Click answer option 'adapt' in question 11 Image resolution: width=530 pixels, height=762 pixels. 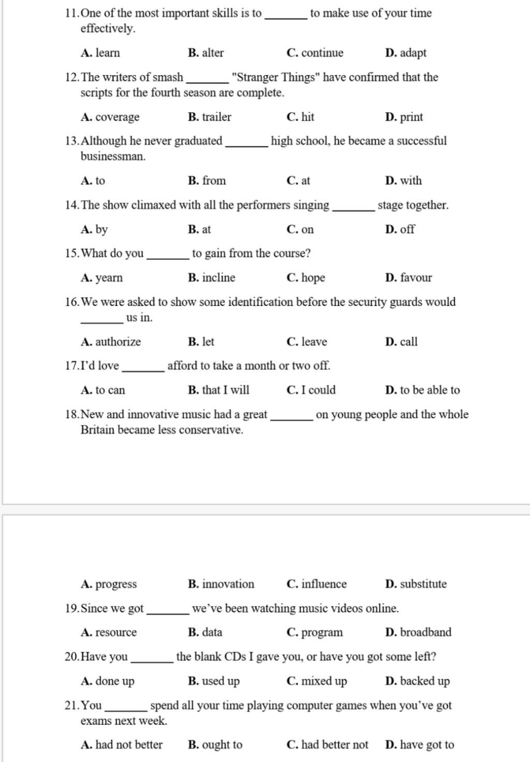click(x=413, y=53)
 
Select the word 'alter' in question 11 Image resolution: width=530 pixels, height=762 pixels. click(x=213, y=53)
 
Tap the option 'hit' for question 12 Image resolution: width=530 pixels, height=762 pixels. click(x=307, y=117)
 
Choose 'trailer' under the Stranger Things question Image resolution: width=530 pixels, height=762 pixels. click(x=216, y=117)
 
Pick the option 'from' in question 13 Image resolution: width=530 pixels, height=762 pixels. click(x=214, y=181)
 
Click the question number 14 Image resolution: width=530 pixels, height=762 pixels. click(x=71, y=205)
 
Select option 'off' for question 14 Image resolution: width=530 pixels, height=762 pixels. click(x=407, y=229)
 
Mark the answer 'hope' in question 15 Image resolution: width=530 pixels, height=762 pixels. click(x=313, y=278)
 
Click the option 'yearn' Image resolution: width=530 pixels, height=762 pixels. click(x=109, y=278)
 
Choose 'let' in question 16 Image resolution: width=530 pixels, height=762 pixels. click(x=208, y=342)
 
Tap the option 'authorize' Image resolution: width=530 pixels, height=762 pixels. click(x=118, y=342)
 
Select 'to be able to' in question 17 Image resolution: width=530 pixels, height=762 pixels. click(x=430, y=390)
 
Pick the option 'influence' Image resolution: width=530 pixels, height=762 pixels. click(x=324, y=584)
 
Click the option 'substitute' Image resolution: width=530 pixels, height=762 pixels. click(x=423, y=584)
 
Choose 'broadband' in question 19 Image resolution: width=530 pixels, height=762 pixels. click(x=425, y=632)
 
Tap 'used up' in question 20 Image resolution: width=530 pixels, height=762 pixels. click(x=220, y=681)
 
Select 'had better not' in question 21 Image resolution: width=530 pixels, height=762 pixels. click(x=334, y=745)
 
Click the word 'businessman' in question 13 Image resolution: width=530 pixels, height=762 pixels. click(x=112, y=156)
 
